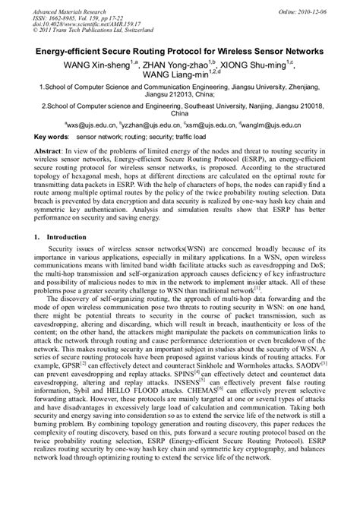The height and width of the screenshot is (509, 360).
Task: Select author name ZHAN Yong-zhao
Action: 176,65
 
